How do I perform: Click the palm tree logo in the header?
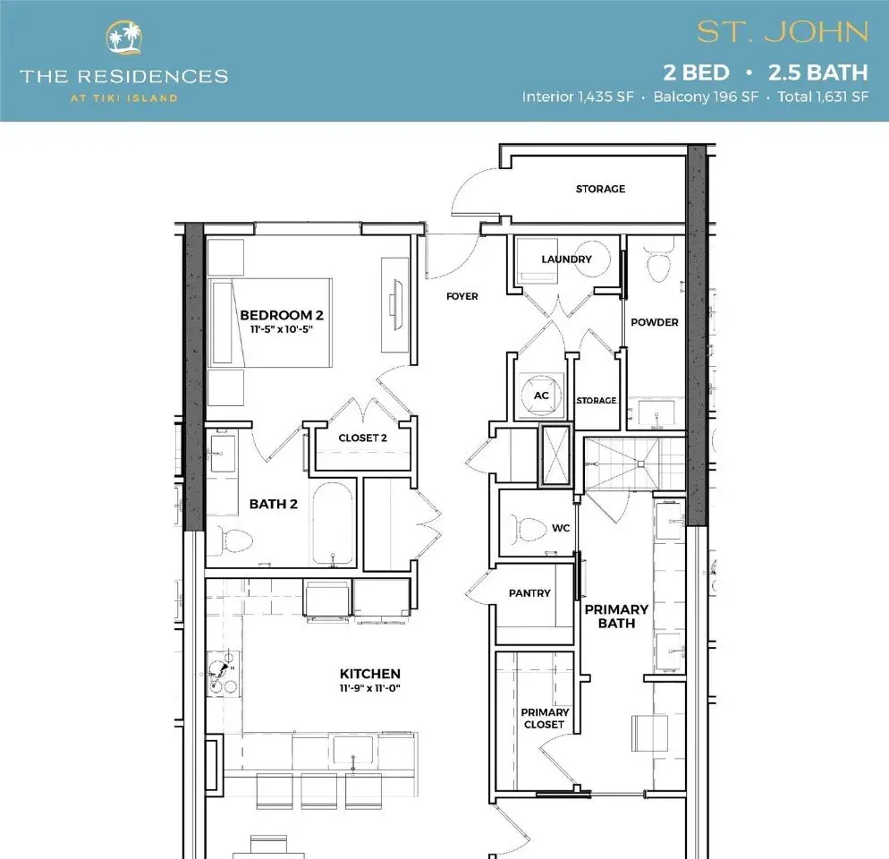[x=124, y=38]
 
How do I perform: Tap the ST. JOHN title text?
[x=783, y=32]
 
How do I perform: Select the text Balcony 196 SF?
[x=706, y=97]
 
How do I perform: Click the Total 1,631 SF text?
[x=823, y=97]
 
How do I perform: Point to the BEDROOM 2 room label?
[x=282, y=315]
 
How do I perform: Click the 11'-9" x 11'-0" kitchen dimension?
[x=370, y=688]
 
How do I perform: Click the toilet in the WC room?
[x=529, y=529]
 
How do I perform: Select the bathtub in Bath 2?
[x=333, y=523]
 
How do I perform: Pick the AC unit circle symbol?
[x=541, y=395]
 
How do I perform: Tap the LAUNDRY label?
[x=566, y=259]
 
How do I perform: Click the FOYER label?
[x=462, y=296]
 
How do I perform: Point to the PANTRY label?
[x=529, y=593]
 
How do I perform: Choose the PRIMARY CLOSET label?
[x=545, y=719]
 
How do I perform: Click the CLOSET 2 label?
[x=363, y=438]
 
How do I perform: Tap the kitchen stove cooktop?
[x=223, y=674]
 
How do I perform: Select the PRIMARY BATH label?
[x=616, y=617]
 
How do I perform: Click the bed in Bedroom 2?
[x=270, y=322]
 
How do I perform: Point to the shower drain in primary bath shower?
[x=641, y=464]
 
